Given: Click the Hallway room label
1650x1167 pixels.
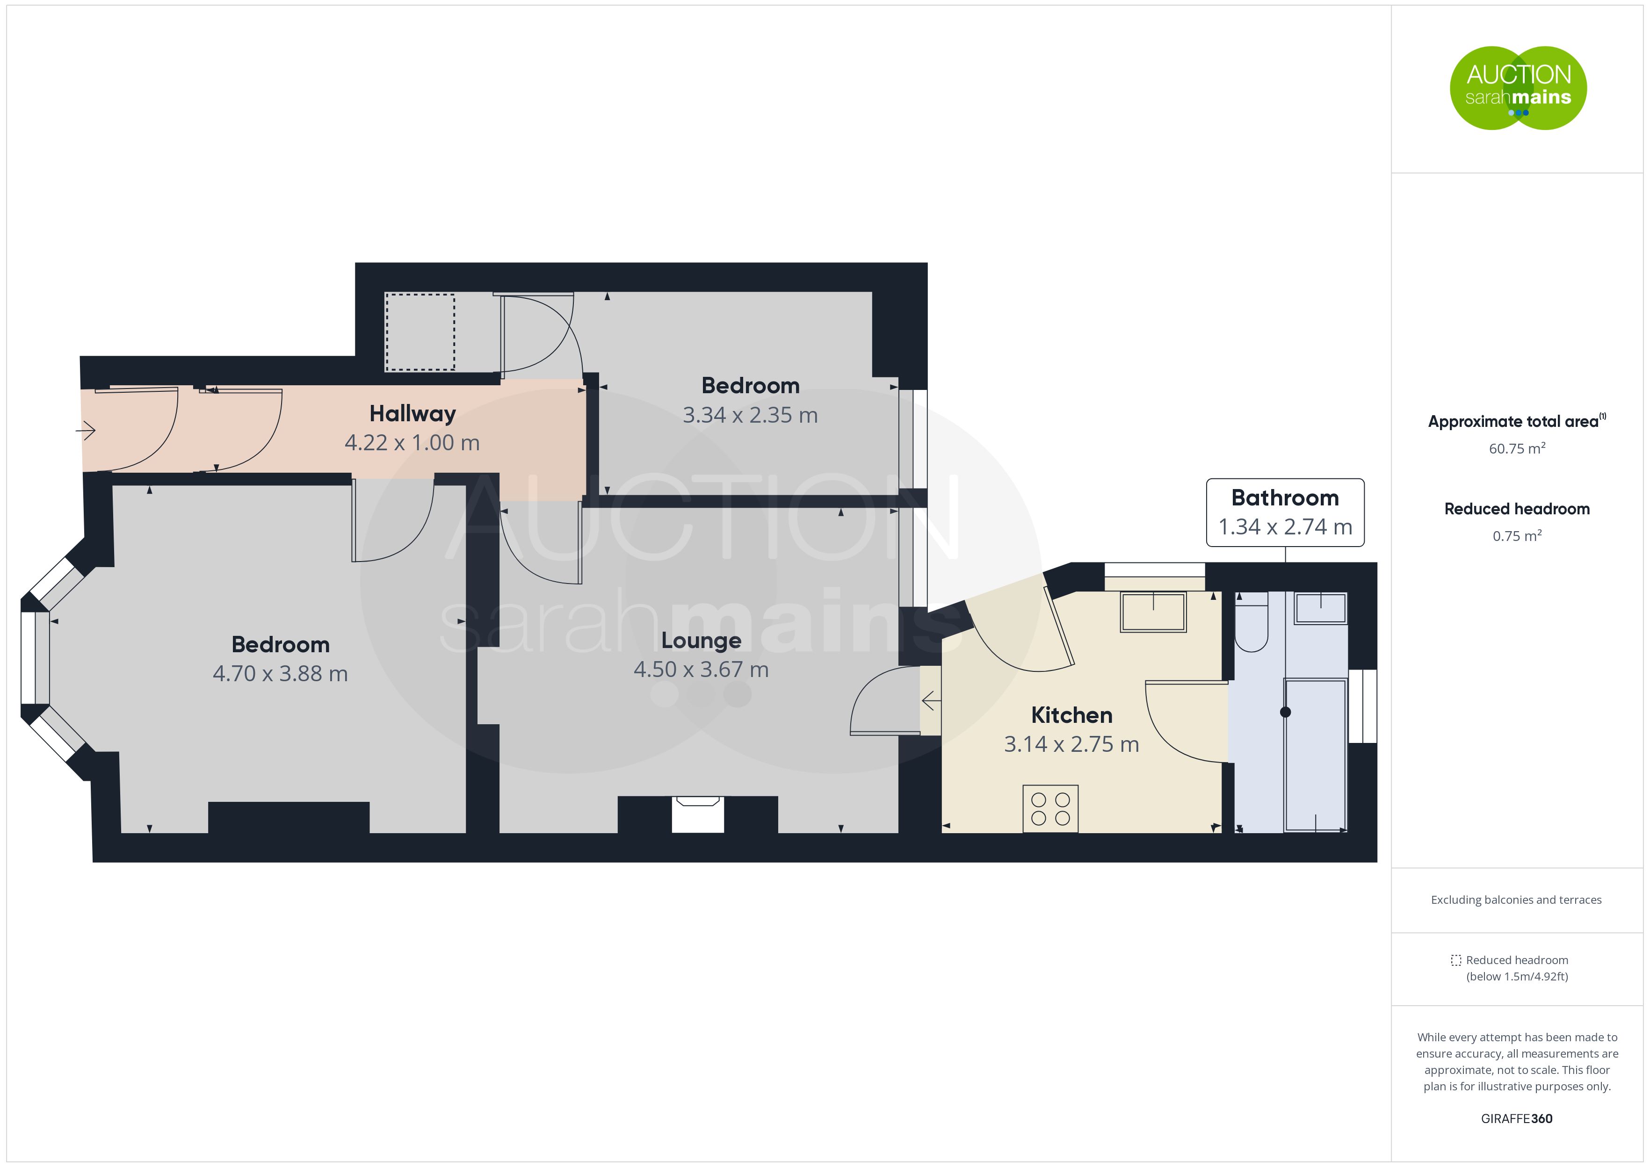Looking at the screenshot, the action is click(412, 414).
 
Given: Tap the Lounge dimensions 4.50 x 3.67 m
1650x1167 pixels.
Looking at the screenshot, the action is click(701, 670).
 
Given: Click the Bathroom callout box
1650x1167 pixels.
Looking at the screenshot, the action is click(1285, 512).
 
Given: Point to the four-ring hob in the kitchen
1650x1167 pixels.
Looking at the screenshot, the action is click(1050, 808).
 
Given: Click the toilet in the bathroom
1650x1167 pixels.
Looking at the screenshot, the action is click(1251, 621).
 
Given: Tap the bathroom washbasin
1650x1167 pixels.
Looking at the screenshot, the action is click(1320, 608).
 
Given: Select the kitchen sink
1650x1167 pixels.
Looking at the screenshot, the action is click(1153, 612).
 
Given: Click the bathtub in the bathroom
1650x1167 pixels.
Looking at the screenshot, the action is click(1315, 755).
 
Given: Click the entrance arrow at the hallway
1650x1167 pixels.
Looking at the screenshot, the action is click(86, 431).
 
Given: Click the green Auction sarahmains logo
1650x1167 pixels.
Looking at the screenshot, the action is click(1518, 88).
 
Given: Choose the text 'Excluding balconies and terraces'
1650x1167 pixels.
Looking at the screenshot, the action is click(1516, 900).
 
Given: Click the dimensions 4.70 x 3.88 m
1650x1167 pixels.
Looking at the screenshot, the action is click(280, 674).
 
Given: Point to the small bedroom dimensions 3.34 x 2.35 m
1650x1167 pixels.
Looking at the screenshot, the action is click(750, 415).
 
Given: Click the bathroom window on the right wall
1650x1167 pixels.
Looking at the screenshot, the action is click(1362, 706).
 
